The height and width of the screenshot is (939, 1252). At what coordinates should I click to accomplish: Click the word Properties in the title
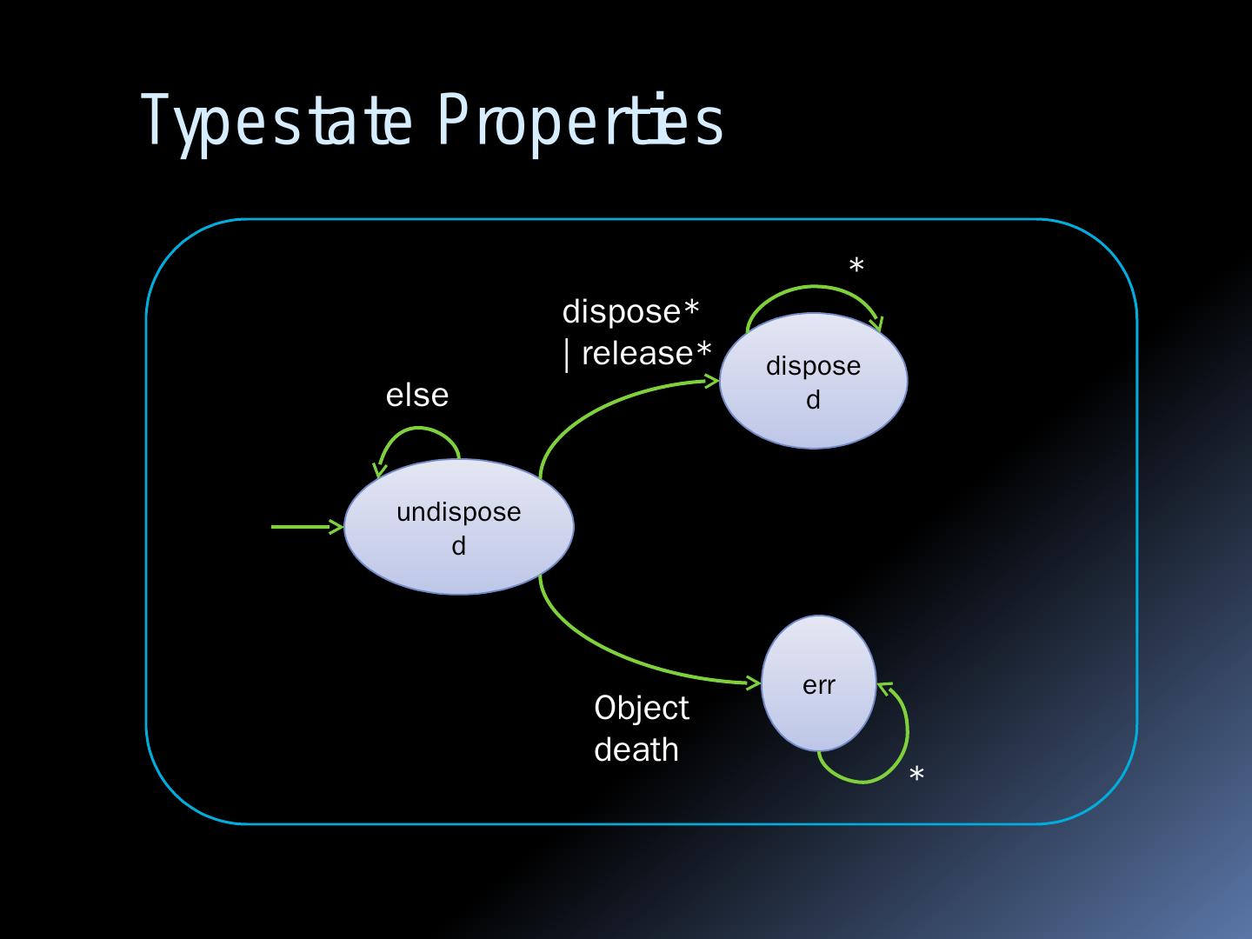[x=580, y=122]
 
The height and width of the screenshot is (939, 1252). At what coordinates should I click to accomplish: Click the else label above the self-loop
[x=417, y=396]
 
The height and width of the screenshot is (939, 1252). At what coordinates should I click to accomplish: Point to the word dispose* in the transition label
[x=631, y=311]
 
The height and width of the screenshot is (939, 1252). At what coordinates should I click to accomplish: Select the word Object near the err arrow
[x=642, y=708]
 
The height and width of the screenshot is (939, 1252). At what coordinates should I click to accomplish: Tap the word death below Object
[x=636, y=749]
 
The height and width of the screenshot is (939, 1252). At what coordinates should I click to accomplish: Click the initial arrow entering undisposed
[x=304, y=527]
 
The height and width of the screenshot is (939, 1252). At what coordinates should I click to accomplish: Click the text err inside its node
[x=818, y=685]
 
